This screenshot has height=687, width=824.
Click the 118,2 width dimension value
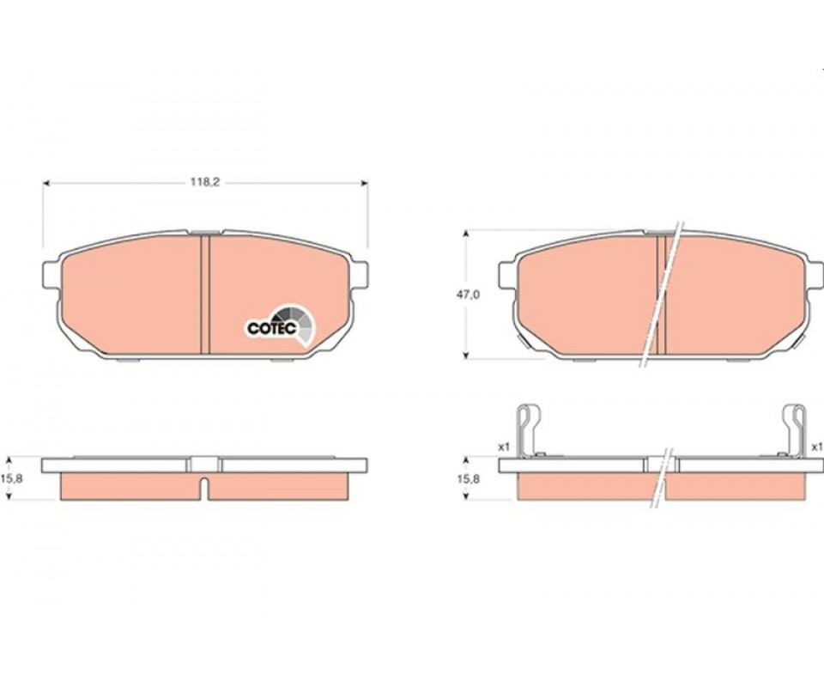coord(204,182)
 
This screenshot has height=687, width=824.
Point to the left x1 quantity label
coord(504,447)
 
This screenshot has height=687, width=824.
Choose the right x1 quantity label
coord(816,447)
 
